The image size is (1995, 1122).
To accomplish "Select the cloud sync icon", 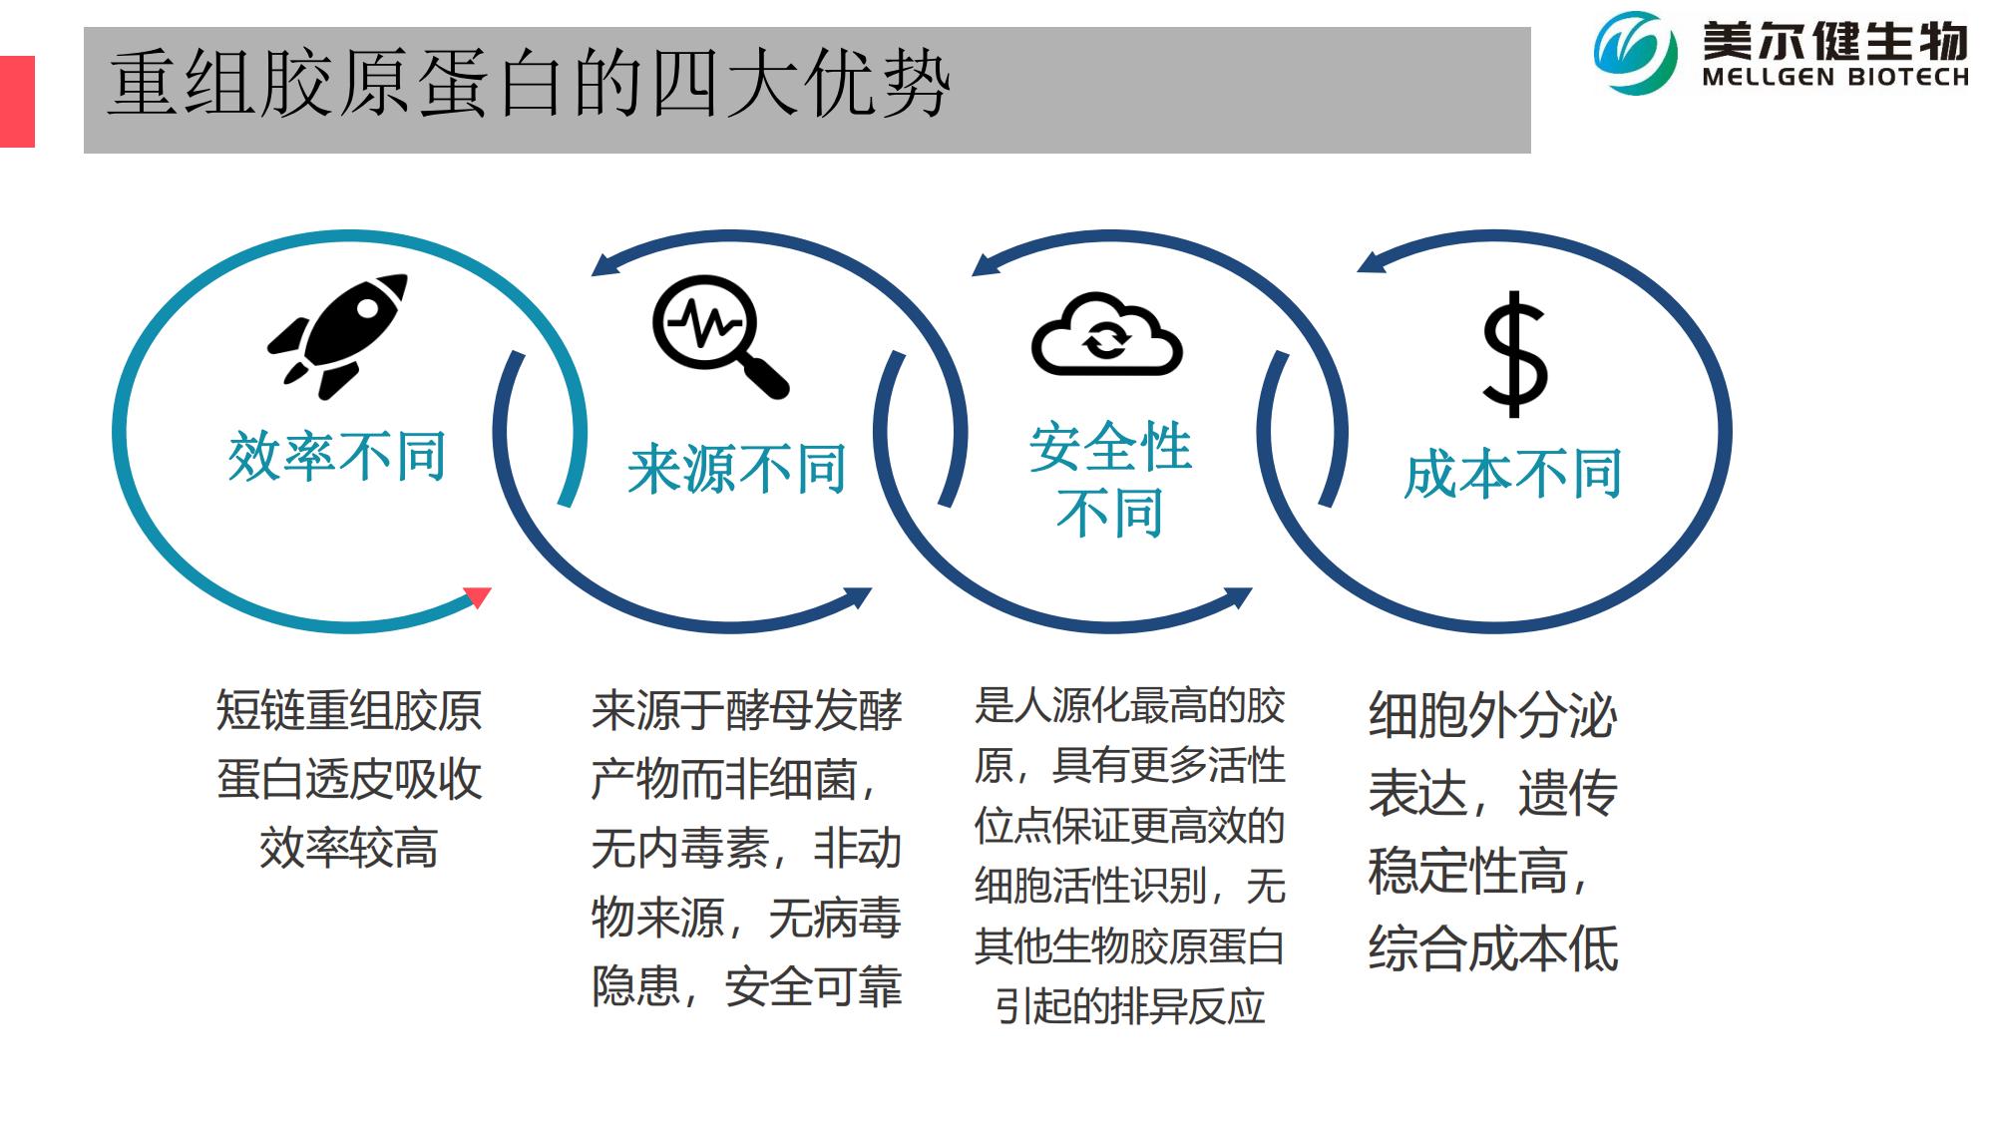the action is click(1106, 333).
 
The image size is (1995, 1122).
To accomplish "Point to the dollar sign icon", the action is click(1514, 353).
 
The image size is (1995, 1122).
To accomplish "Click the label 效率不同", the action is click(337, 457).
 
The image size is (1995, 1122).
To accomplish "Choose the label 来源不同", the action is click(737, 469).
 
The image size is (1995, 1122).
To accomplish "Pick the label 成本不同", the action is click(1512, 473).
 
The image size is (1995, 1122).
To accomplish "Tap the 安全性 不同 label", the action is click(1110, 479).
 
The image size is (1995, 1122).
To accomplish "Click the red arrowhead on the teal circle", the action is click(478, 596).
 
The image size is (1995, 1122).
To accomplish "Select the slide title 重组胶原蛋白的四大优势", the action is click(529, 86).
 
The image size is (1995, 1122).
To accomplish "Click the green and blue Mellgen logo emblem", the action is click(1635, 52).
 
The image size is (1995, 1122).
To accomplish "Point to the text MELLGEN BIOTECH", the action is click(1835, 77).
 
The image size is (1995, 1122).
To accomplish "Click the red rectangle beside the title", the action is click(17, 101).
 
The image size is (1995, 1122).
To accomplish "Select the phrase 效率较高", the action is click(349, 848).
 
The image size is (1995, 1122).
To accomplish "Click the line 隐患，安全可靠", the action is click(746, 985).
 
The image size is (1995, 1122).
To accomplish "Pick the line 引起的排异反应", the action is click(1129, 1005).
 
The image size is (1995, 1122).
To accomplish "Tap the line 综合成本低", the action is click(1493, 947).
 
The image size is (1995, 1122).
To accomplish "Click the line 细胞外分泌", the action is click(1493, 715).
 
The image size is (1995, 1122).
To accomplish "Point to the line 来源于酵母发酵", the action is click(746, 710).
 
